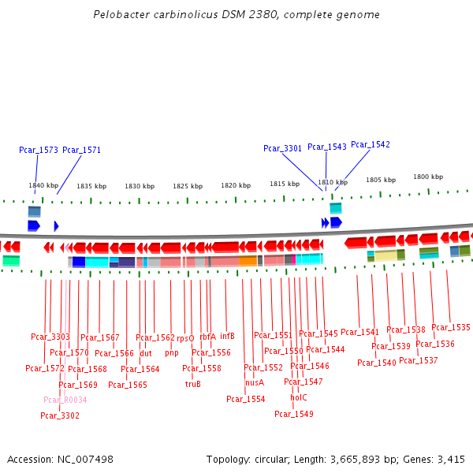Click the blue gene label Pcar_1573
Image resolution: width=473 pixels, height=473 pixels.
tap(39, 150)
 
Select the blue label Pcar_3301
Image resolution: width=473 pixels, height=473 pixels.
tap(282, 148)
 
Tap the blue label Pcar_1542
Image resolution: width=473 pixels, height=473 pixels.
tap(371, 144)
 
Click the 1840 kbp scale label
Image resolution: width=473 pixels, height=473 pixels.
tap(43, 186)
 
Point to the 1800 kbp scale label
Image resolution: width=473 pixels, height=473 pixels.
tap(428, 177)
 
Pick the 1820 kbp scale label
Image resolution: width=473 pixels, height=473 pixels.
tap(236, 185)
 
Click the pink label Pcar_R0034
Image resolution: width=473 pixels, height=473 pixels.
tap(65, 400)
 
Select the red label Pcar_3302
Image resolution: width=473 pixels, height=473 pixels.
tap(60, 415)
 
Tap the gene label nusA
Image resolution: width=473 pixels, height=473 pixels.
tap(255, 382)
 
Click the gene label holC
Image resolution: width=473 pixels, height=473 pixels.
tap(299, 397)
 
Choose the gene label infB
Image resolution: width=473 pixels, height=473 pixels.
tap(228, 336)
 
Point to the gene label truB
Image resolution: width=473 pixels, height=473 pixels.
tap(193, 384)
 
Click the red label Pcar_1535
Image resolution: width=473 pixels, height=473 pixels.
tap(451, 327)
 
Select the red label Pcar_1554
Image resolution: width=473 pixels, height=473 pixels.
tap(246, 399)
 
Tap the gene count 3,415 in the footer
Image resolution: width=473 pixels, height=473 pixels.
tap(449, 459)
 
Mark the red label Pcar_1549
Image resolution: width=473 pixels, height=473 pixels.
tap(294, 414)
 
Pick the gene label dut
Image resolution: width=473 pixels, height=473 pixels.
tap(146, 353)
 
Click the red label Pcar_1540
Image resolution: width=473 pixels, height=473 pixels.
tap(377, 363)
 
